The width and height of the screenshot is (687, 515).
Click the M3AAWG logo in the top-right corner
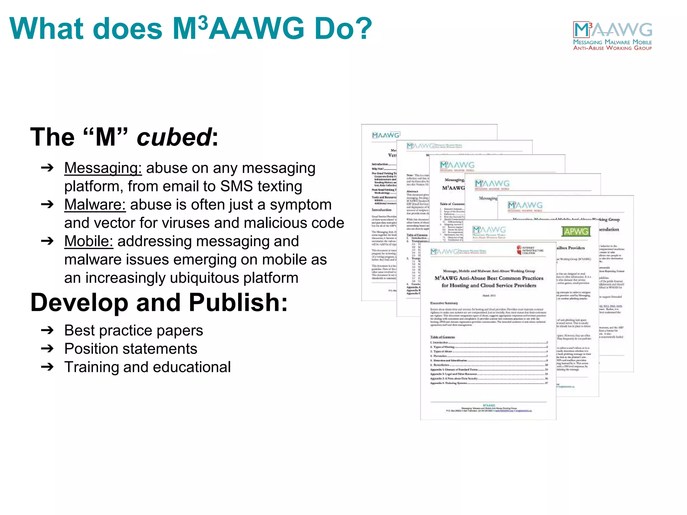613,36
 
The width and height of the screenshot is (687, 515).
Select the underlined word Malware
95,205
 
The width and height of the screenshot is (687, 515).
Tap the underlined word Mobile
89,241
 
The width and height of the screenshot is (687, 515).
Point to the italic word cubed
174,137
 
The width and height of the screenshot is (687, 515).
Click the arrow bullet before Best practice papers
47,331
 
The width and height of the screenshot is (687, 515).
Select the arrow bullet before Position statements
47,349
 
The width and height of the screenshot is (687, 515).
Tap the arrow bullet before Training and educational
47,367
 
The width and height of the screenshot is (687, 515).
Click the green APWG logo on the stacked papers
576,231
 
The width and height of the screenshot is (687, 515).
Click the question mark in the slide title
362,29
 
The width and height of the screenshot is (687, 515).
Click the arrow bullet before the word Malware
47,205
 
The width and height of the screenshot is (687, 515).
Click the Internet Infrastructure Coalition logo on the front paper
530,250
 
